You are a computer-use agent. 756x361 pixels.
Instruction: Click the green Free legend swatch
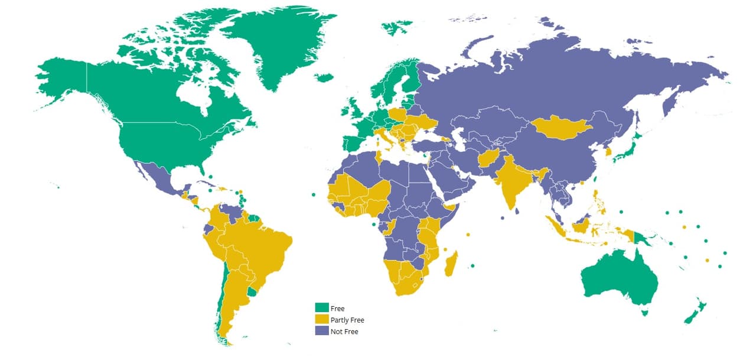coord(321,308)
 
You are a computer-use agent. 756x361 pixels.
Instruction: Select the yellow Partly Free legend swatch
coord(321,320)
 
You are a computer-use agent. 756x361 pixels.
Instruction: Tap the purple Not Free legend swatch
coord(321,331)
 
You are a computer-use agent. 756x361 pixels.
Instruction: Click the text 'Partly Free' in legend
coord(347,320)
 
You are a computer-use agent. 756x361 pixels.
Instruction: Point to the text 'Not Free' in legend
coord(344,331)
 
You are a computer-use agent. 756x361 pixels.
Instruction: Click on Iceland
coord(324,77)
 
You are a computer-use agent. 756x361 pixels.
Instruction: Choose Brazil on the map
coord(260,242)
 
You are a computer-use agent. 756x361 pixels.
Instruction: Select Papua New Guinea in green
coord(643,238)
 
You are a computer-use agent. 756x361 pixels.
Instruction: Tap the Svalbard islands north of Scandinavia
coord(396,27)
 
